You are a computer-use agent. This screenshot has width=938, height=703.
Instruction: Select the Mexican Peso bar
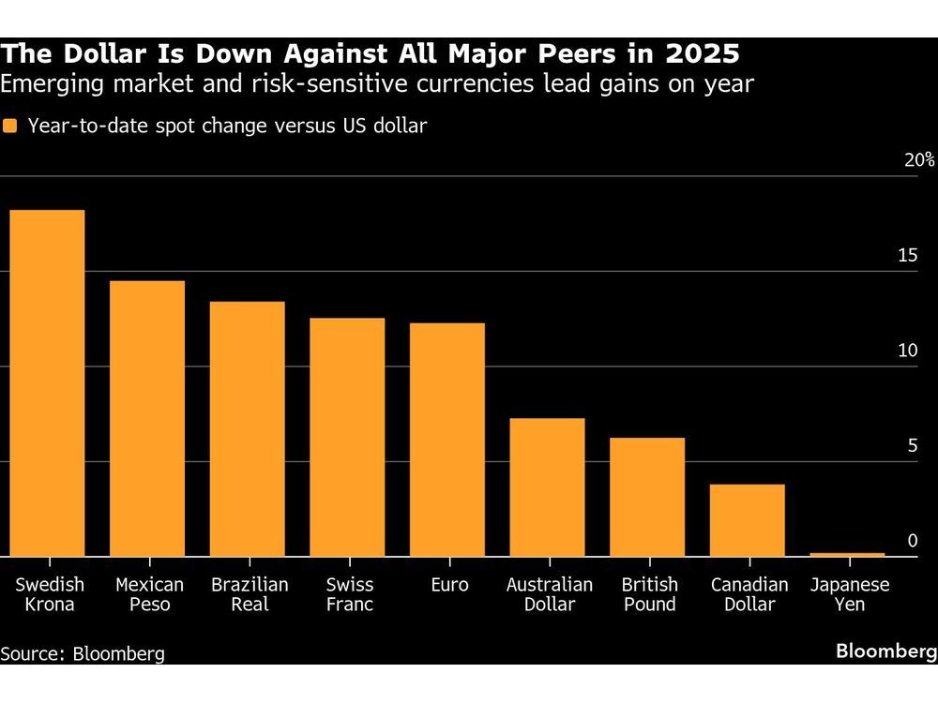pos(147,418)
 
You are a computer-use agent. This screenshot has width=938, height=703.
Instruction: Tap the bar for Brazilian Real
pos(247,428)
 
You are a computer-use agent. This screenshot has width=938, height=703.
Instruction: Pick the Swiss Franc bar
pos(347,437)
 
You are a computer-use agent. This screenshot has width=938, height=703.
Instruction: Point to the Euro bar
pos(447,440)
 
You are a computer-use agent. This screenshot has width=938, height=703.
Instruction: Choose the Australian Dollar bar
pos(547,487)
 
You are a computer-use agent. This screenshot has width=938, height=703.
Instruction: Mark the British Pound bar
pos(647,497)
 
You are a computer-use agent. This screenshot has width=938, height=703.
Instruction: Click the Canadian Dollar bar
pos(748,520)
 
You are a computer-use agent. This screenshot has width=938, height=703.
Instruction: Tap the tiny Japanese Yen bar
pos(848,554)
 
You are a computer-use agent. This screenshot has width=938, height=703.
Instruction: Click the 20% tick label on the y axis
pos(919,160)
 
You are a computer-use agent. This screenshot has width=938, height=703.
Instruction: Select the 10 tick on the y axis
pos(906,351)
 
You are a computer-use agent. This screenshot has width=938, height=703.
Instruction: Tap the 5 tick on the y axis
pos(913,446)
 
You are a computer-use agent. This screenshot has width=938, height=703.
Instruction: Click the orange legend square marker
pos(10,126)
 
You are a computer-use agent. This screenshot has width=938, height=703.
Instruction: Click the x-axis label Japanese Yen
pos(850,594)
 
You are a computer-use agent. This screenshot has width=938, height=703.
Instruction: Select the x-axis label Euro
pos(447,585)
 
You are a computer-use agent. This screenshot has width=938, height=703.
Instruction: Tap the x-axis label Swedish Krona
pos(50,594)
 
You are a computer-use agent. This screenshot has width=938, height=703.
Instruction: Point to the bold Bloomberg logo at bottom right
pos(885,651)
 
